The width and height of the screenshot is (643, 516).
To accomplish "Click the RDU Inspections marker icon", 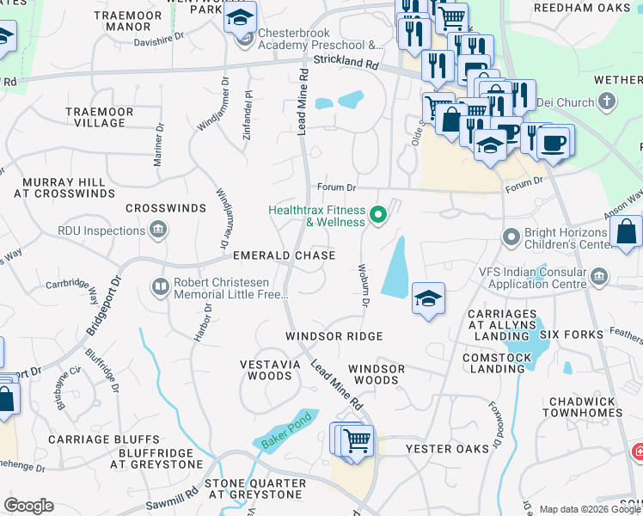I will [157, 230].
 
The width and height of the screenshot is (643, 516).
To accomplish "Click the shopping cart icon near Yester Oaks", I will [356, 440].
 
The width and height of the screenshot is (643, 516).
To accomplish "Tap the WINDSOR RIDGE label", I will [334, 335].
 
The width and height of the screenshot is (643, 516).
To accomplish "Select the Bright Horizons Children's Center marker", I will [511, 235].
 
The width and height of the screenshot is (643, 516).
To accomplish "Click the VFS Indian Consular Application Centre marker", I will [599, 276].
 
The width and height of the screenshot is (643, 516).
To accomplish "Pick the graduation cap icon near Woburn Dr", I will [427, 299].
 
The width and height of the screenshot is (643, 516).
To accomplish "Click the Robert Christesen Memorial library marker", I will [159, 286].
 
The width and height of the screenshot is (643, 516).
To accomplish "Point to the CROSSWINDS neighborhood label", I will [166, 208].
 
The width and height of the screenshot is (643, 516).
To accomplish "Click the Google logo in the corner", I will [28, 506].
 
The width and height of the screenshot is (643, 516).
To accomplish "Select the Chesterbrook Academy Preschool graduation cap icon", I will [240, 17].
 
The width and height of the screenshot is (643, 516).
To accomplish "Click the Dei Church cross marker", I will [607, 102].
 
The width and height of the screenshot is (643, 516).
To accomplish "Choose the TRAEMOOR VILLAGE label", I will [99, 117].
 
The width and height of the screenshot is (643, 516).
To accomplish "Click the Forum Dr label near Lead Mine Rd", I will [336, 187].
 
